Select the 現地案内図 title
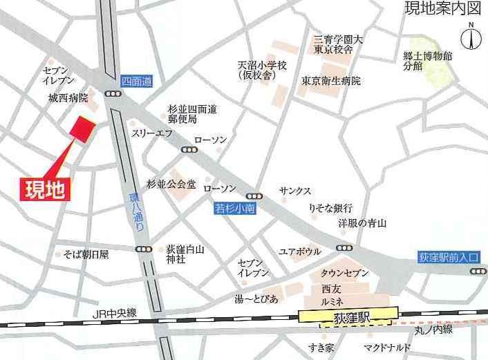tap(442, 10)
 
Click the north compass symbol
tap(471, 37)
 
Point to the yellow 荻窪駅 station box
tap(348, 315)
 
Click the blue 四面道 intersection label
tap(135, 81)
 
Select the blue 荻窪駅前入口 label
tap(449, 256)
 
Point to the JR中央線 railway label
tap(114, 313)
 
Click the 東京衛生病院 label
tap(331, 81)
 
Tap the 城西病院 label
tap(68, 99)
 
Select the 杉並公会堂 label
tap(171, 184)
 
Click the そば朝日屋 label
tap(86, 254)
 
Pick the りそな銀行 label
tap(330, 208)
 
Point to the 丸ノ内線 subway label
tap(433, 330)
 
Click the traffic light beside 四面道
tap(112, 95)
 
